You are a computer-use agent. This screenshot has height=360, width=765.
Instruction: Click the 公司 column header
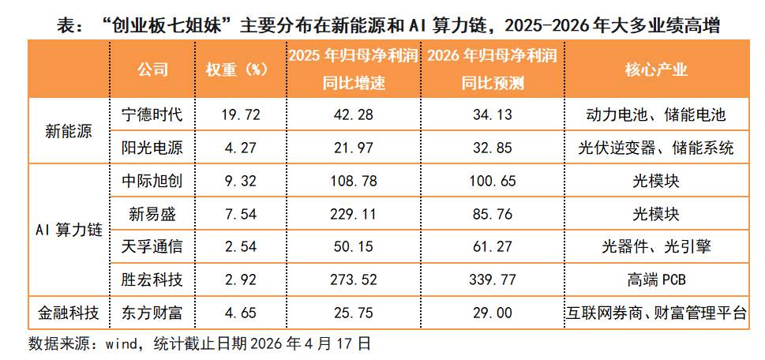click(152, 69)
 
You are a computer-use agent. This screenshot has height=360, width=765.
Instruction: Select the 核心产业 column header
click(656, 69)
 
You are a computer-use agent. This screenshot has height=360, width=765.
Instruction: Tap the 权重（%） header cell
click(238, 69)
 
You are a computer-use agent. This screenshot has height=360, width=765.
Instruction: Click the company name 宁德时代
click(152, 115)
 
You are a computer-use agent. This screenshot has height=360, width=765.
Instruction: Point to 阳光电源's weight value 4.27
click(238, 148)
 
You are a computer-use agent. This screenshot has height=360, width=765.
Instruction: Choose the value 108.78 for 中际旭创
click(351, 182)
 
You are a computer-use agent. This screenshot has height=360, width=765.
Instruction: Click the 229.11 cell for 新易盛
click(351, 214)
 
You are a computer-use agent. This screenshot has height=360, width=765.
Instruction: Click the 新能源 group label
click(69, 132)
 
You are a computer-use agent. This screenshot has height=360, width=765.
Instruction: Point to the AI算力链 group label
click(69, 231)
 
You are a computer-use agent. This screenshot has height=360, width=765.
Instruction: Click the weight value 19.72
click(238, 115)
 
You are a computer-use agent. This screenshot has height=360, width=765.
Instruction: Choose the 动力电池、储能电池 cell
click(656, 115)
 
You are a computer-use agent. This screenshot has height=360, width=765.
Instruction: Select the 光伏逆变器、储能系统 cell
click(656, 148)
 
